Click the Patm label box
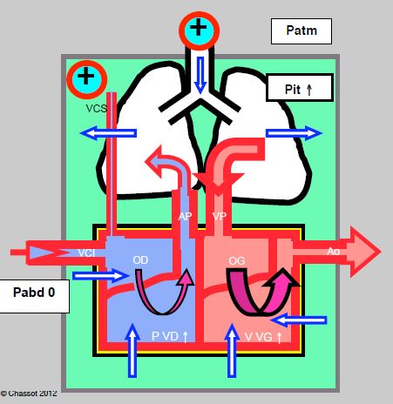coord(302,31)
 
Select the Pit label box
coord(300,88)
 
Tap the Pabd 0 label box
coord(34,296)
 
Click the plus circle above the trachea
coord(199,30)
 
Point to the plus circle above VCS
coord(87,79)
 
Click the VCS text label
coord(96,109)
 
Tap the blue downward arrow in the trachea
coord(200,75)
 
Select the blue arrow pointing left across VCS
coord(108,133)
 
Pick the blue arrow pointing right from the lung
coord(294,133)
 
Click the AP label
coord(185,216)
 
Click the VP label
coord(220,216)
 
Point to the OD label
coord(140,260)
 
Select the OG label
coord(237,261)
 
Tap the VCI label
coord(86,253)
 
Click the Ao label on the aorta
coord(333,251)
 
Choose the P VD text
coord(169,336)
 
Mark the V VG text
coord(263,337)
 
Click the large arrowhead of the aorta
coord(365,252)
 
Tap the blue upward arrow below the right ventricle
coord(132,350)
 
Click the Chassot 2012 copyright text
coord(29,394)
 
